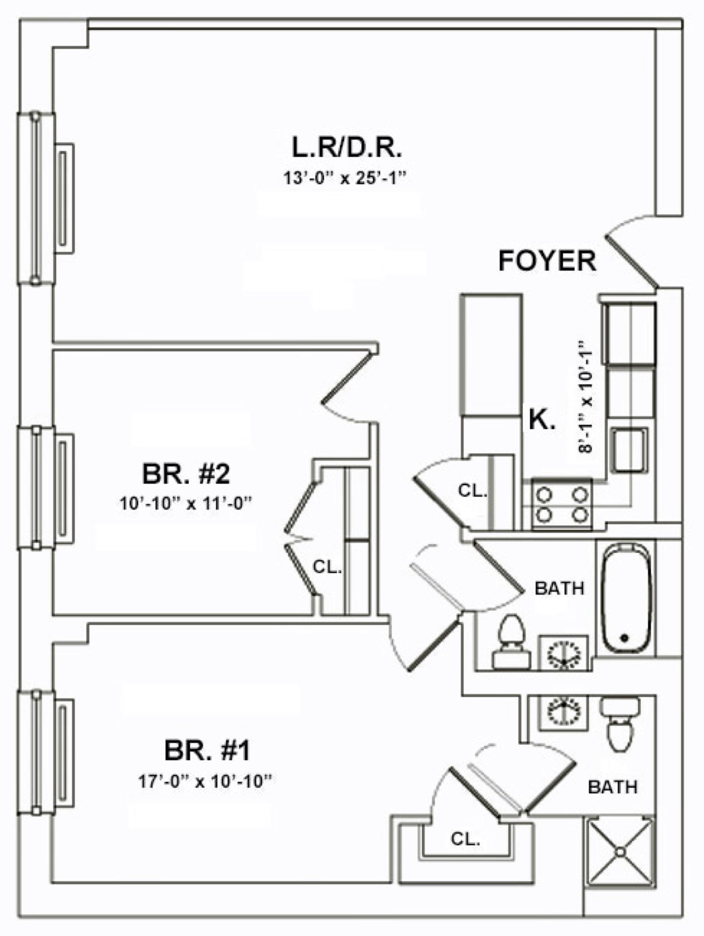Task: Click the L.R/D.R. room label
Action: (x=346, y=148)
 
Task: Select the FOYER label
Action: (x=547, y=261)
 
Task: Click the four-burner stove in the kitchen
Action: (x=562, y=503)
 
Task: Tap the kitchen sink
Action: (x=629, y=449)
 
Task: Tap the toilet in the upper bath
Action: (x=512, y=642)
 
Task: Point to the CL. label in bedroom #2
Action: (x=327, y=567)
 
